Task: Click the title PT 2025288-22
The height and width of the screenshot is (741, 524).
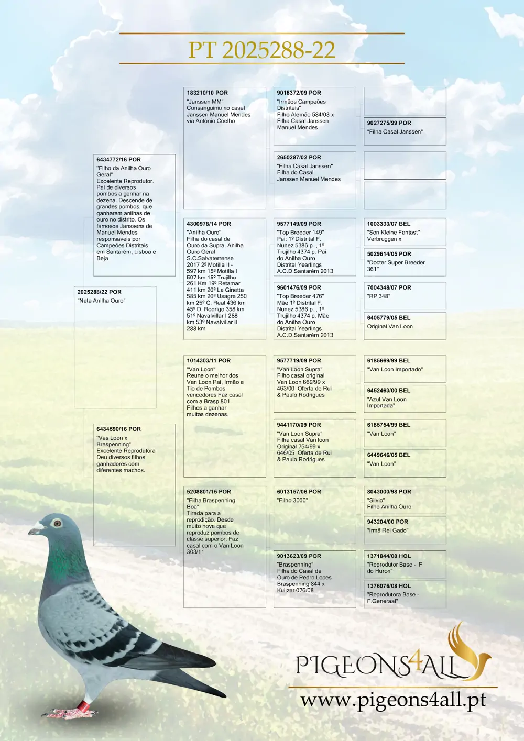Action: tap(261, 50)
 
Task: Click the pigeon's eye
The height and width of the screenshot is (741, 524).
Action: tap(57, 523)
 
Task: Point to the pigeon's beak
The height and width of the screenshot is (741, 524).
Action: tap(35, 530)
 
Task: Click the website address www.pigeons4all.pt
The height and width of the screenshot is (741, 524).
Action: tap(393, 700)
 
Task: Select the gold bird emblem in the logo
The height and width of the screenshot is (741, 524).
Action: tap(464, 649)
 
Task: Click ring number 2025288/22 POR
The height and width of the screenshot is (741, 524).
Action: tap(99, 292)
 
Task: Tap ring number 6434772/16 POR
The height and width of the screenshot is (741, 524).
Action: tap(118, 159)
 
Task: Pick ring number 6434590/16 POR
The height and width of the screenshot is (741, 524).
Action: tap(118, 429)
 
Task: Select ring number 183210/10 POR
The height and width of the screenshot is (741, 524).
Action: tap(207, 93)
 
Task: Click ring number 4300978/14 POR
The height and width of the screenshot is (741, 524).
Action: tap(209, 224)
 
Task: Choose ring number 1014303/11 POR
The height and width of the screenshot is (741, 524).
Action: tap(209, 361)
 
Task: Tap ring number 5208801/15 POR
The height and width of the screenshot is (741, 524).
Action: tap(209, 492)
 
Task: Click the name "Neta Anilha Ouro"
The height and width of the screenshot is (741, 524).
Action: tap(101, 301)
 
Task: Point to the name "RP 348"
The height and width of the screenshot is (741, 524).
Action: tap(378, 296)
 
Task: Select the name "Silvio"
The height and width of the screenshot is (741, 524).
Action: tap(376, 500)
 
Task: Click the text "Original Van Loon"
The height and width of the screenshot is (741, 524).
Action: tap(390, 326)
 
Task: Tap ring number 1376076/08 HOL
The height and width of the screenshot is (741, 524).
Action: tap(389, 586)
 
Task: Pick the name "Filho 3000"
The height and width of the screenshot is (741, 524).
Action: tap(292, 500)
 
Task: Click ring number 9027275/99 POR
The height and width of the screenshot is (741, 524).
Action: tap(389, 123)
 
